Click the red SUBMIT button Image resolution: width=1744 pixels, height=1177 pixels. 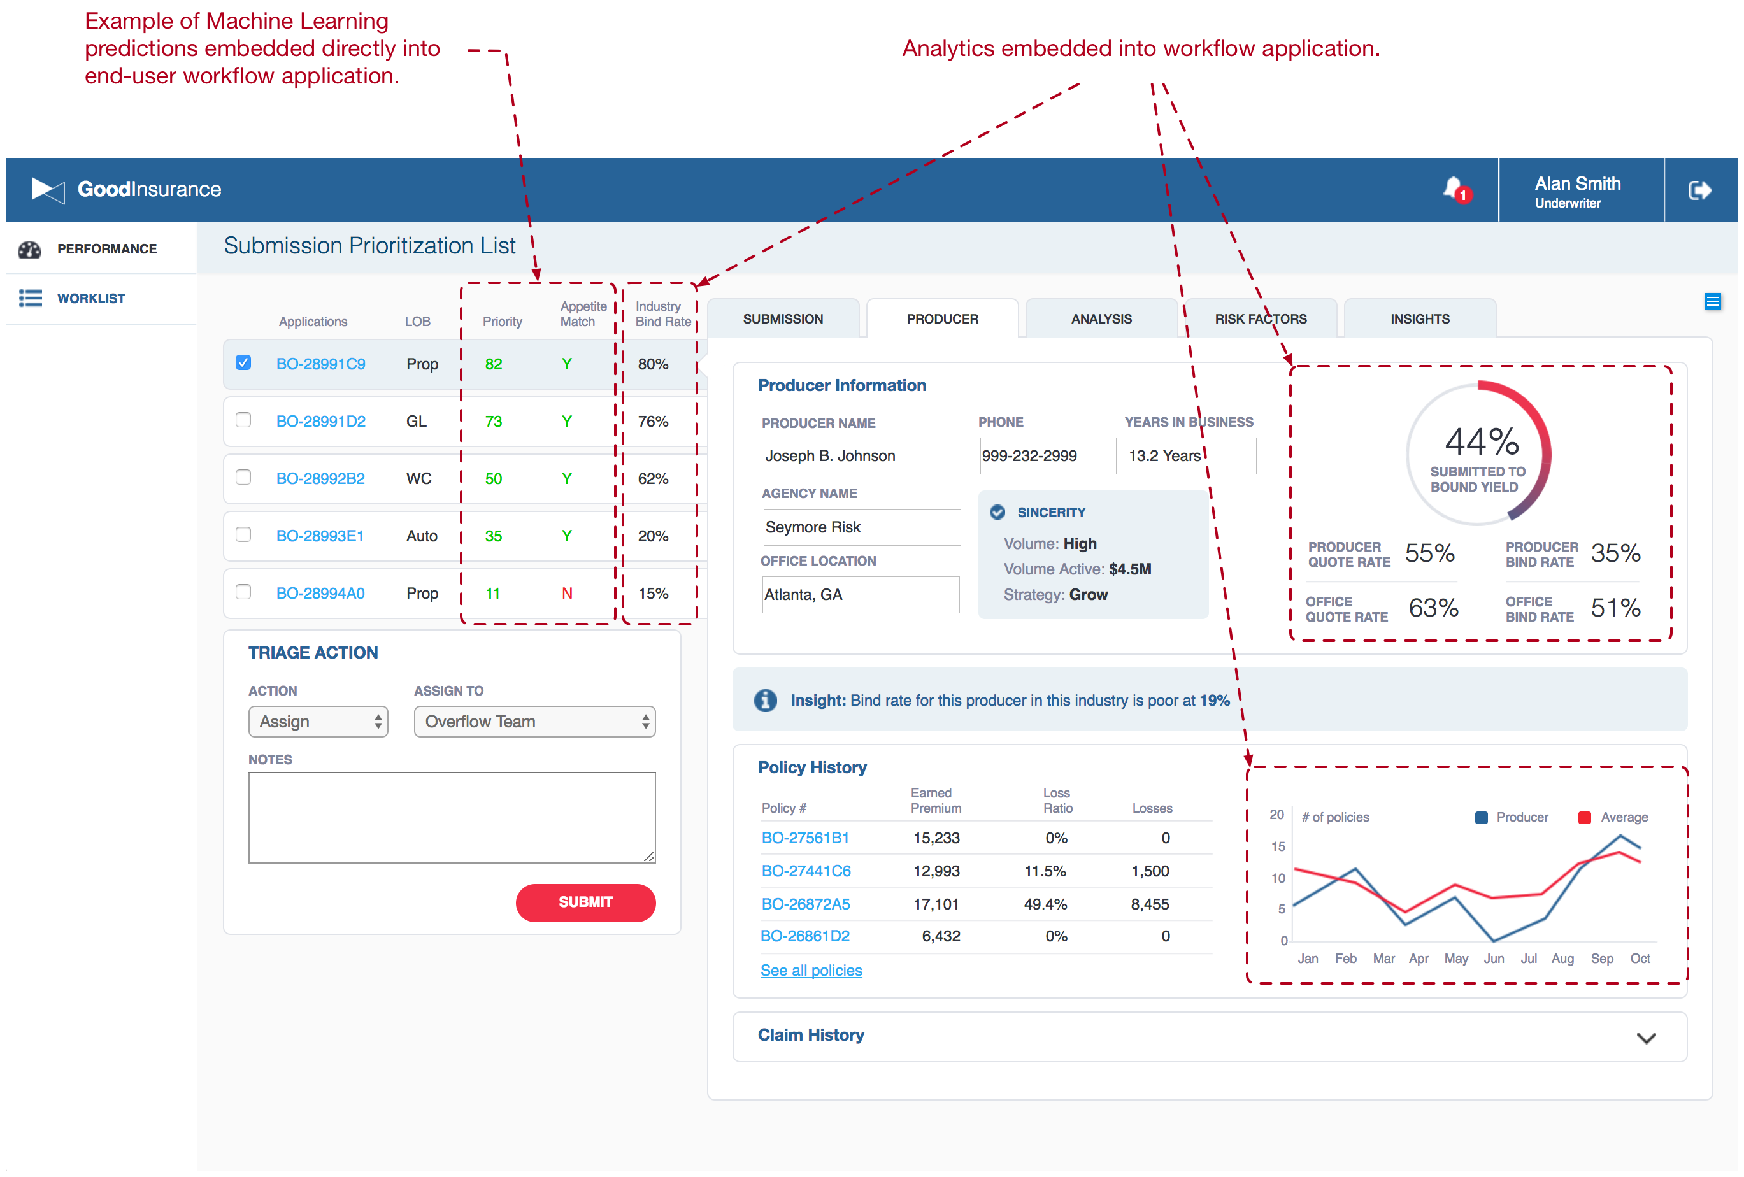click(585, 902)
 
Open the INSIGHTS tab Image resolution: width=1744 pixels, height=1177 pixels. click(1419, 319)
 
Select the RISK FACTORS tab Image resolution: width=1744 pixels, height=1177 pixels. click(1260, 319)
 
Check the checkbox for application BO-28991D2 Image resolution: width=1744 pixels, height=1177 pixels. click(243, 420)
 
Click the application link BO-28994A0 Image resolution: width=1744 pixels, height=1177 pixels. click(320, 594)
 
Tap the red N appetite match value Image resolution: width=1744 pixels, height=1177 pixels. click(566, 594)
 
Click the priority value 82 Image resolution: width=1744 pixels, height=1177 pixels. click(493, 364)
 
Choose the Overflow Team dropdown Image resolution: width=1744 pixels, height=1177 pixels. click(534, 722)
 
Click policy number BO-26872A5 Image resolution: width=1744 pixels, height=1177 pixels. click(805, 904)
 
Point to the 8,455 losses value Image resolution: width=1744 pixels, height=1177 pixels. click(1149, 904)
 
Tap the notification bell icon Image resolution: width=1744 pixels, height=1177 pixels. click(1453, 189)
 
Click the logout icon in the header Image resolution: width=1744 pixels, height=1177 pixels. click(1699, 190)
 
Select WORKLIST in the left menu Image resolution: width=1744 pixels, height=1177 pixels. click(91, 299)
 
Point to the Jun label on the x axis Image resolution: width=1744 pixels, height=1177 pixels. click(1494, 958)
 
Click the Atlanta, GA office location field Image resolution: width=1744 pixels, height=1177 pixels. click(860, 595)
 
